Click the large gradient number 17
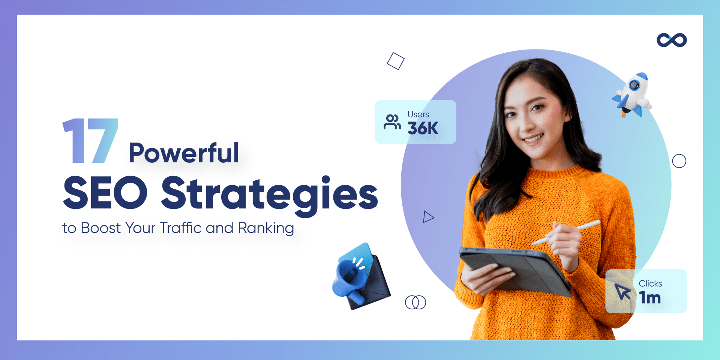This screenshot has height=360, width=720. click(90, 141)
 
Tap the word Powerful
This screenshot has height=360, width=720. click(184, 153)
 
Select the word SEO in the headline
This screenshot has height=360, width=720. click(105, 193)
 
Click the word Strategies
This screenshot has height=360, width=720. click(269, 193)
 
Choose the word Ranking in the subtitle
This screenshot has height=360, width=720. click(266, 228)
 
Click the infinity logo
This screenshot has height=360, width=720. click(671, 40)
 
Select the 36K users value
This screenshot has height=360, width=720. click(423, 129)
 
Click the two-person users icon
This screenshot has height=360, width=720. click(392, 122)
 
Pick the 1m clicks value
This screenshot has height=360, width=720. click(650, 298)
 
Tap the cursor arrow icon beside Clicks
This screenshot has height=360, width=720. click(623, 291)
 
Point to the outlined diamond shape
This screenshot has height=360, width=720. click(396, 61)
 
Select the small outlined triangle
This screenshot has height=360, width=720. click(428, 217)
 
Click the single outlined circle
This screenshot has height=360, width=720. click(679, 161)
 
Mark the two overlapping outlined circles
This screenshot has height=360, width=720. click(415, 302)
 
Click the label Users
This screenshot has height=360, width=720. click(418, 114)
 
